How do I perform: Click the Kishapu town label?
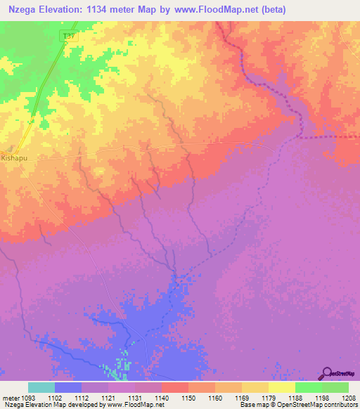pos(13,160)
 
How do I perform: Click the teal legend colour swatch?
pos(41,387)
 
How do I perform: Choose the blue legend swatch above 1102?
pos(67,387)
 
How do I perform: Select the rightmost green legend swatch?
pos(335,387)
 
